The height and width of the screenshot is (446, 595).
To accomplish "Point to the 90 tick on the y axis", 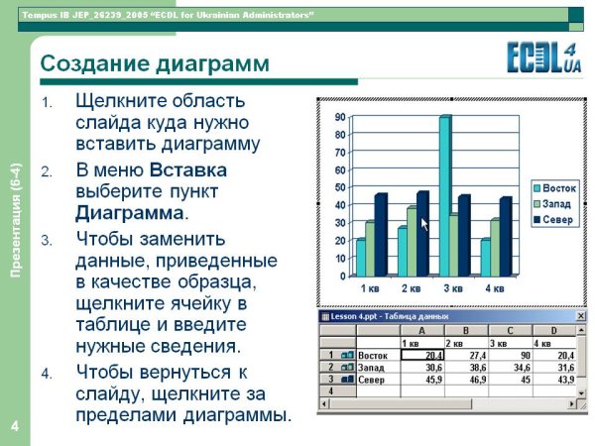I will click(340, 116).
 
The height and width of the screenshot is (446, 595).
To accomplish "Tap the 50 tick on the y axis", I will click(340, 187).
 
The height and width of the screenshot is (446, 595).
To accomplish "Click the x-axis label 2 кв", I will click(412, 289).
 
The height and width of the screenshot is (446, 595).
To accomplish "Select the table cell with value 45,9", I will click(427, 380).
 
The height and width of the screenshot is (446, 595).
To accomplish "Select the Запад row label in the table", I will click(375, 367).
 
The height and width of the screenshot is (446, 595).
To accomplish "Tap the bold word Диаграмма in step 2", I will click(130, 212).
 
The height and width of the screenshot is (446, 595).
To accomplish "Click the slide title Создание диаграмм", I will click(154, 64).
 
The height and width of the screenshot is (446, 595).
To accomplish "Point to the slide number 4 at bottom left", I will click(15, 426).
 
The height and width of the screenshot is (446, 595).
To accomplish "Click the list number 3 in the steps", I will click(47, 241).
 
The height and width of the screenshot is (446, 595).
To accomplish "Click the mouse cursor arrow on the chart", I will click(425, 225).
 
